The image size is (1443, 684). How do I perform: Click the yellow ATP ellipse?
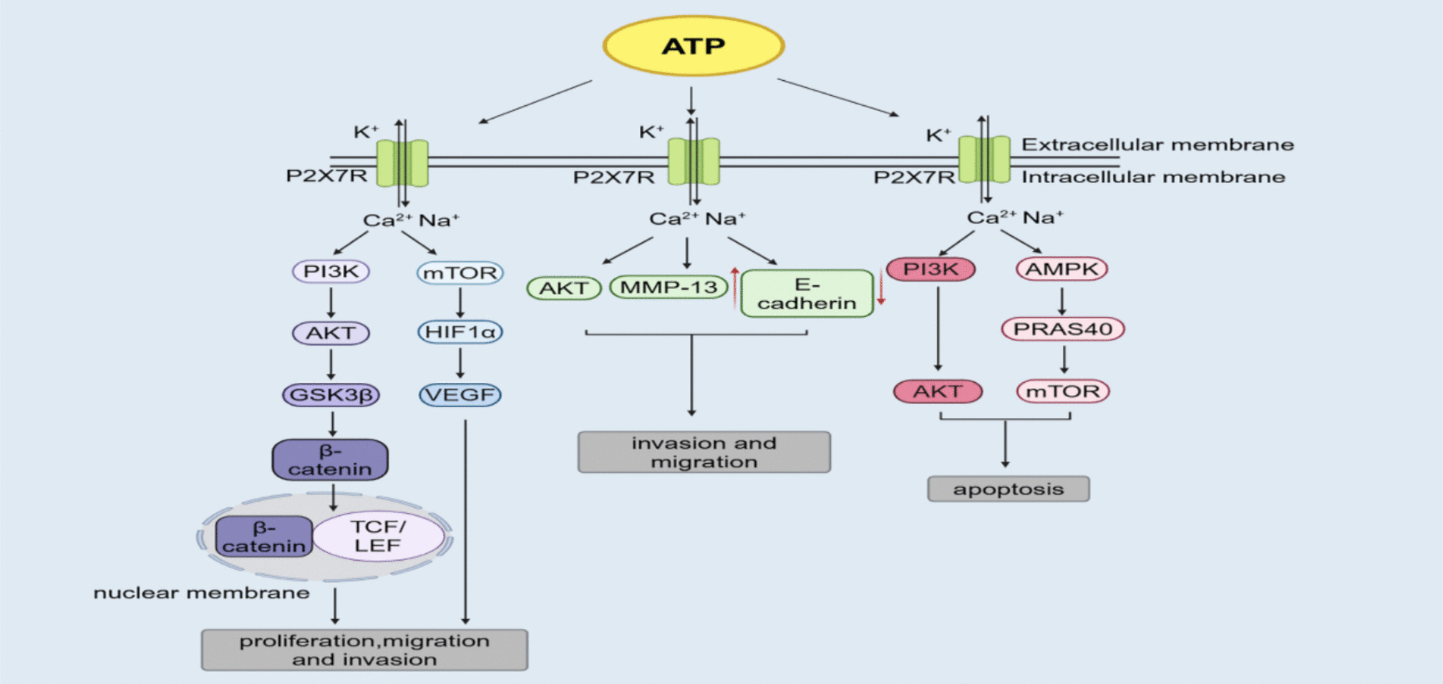click(693, 46)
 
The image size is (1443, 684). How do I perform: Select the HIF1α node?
click(460, 332)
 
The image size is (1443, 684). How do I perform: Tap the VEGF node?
click(460, 394)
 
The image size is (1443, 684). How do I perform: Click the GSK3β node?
click(331, 394)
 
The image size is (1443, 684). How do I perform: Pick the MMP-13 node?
click(669, 288)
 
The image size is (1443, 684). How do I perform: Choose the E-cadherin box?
click(807, 293)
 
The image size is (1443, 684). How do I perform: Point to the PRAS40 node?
click(1063, 329)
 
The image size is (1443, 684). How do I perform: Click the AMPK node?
click(1061, 269)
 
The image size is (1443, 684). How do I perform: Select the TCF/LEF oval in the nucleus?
click(378, 536)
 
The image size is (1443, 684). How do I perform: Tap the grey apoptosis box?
click(1008, 489)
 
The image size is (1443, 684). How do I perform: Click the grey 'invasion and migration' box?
click(704, 452)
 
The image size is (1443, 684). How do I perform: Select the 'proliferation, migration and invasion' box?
click(364, 650)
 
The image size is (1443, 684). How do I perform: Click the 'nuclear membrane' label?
click(201, 593)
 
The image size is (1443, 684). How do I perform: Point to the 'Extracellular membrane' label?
click(1157, 145)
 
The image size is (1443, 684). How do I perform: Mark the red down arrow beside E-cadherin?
click(881, 288)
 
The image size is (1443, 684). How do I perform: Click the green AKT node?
click(563, 288)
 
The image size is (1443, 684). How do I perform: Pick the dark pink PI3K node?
click(931, 269)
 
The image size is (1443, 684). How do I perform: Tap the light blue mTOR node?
click(460, 273)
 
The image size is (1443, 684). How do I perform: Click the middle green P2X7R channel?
click(693, 162)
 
